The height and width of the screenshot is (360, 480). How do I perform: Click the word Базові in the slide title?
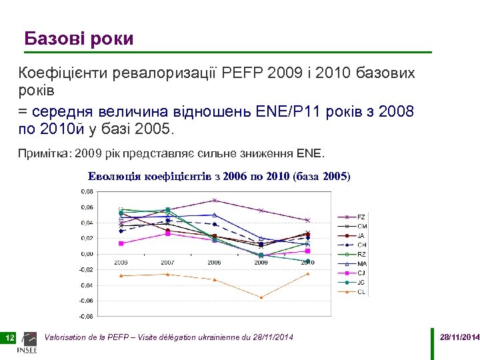pos(52,39)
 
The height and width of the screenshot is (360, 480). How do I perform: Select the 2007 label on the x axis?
pos(168,263)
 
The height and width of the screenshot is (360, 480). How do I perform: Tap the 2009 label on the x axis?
pos(261,263)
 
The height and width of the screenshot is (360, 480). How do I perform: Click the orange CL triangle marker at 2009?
pos(261,297)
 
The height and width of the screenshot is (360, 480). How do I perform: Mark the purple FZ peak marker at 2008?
pos(214,200)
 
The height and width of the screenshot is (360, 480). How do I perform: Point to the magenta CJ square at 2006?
pos(121,243)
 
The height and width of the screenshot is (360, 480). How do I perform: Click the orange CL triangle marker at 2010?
pos(307,273)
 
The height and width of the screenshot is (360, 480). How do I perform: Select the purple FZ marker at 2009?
pos(261,211)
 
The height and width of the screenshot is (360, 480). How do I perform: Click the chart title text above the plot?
pos(219,177)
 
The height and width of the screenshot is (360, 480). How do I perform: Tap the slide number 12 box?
pos(10,339)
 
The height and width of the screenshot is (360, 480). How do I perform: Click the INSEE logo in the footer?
pos(30,342)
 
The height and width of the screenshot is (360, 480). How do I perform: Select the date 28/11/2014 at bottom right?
pos(459,338)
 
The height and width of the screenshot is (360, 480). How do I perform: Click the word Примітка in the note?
pos(44,155)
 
